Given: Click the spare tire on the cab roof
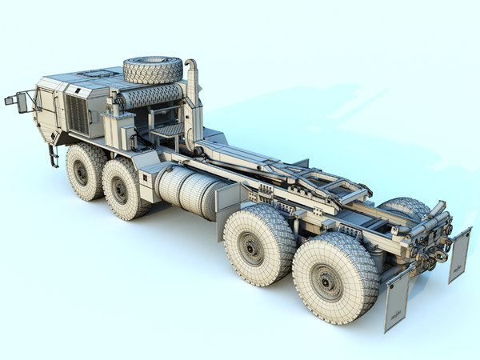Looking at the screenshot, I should [152, 69].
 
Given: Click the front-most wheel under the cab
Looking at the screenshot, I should [83, 171].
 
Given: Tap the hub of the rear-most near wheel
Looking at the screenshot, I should [327, 282].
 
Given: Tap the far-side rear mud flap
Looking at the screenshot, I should [459, 254].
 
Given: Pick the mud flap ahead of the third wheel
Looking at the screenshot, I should [229, 207].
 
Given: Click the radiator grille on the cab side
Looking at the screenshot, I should [77, 114].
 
